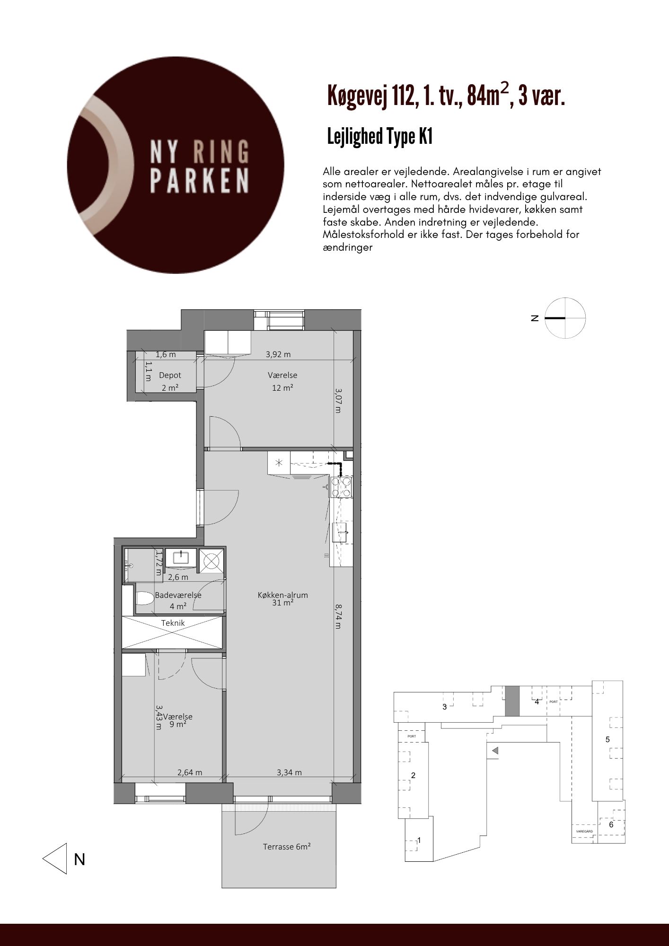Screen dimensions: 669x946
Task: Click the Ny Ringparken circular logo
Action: pos(176,165)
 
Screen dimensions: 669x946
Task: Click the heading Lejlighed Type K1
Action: pos(380,137)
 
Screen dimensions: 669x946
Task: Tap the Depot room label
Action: pos(170,375)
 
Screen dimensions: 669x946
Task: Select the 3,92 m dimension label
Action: pos(278,354)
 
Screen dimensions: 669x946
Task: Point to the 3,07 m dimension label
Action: pos(338,401)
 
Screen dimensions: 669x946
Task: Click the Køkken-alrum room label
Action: pos(283,595)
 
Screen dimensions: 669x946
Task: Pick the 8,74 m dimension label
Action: pos(338,616)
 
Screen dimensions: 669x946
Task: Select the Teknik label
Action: pos(173,623)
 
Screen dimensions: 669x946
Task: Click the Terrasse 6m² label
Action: pos(287,847)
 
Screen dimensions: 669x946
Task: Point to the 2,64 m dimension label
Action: pos(190,772)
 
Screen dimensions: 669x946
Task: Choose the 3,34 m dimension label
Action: pos(289,772)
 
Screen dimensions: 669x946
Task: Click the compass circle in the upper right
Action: pos(565,318)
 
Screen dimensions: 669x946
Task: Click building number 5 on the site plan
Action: pos(608,740)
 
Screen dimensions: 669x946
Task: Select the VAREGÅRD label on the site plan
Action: pos(584,831)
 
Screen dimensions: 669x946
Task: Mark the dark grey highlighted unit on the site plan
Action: pos(512,701)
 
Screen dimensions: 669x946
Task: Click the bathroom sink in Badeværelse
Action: pos(181,558)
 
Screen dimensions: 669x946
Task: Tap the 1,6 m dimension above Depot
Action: pos(166,354)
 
